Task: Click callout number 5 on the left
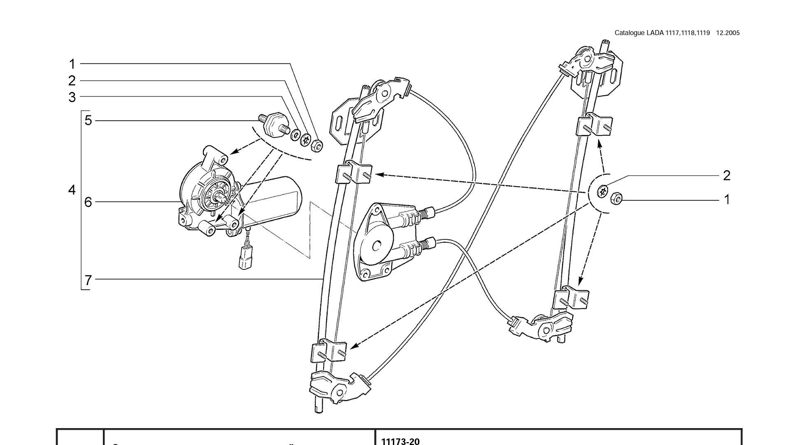point(88,120)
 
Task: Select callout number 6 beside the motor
point(88,202)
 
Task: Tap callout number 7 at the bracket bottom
point(88,280)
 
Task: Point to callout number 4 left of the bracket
point(72,190)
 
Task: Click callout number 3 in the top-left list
point(72,97)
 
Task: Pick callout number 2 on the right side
point(727,176)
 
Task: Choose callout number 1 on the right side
point(727,199)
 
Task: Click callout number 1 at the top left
point(72,64)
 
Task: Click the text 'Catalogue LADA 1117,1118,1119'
point(662,33)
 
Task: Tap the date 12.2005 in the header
point(728,33)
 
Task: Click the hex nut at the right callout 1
point(616,199)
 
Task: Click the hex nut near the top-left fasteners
point(316,145)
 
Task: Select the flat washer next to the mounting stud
point(295,135)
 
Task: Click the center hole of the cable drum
point(376,246)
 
